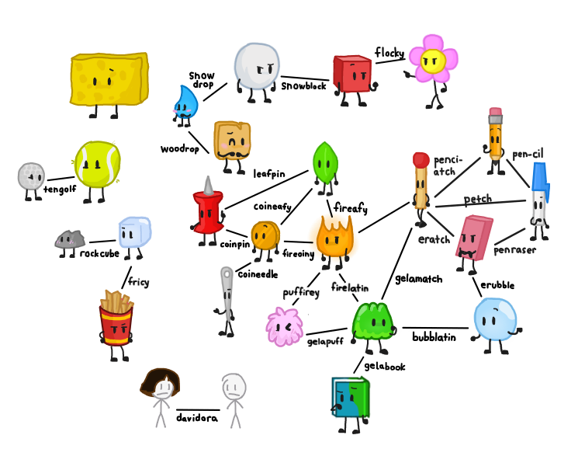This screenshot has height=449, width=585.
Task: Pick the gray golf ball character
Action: [x=32, y=176]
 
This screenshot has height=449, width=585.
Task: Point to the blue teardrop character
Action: [x=185, y=103]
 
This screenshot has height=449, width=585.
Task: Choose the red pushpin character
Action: [x=208, y=210]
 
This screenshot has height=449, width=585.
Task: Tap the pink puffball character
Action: [x=283, y=326]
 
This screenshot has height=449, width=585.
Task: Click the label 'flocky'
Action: [x=389, y=53]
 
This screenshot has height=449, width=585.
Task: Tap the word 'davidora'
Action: [x=197, y=418]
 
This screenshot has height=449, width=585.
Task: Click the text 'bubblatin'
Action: [x=433, y=338]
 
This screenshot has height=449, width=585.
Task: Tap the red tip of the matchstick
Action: [x=421, y=161]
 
